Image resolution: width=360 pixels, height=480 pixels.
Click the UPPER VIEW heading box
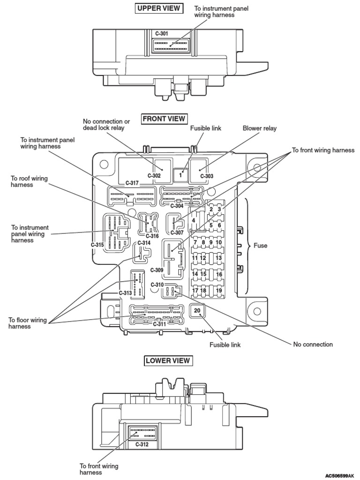pyautogui.click(x=159, y=8)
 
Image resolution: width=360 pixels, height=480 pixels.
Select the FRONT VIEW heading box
pyautogui.click(x=164, y=119)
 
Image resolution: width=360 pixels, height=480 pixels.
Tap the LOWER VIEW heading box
pyautogui.click(x=168, y=360)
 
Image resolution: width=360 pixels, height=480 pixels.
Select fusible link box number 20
pyautogui.click(x=197, y=311)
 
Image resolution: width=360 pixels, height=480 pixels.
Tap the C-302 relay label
pyautogui.click(x=154, y=176)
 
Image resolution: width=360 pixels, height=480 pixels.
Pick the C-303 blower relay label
pyautogui.click(x=207, y=176)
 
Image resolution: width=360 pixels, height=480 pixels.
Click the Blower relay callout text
pyautogui.click(x=259, y=128)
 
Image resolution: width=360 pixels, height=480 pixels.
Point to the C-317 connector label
pyautogui.click(x=132, y=183)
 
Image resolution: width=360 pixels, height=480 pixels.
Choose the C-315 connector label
pyautogui.click(x=97, y=245)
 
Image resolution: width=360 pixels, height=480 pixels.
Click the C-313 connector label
pyautogui.click(x=125, y=293)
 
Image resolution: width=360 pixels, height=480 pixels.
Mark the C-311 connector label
pyautogui.click(x=160, y=324)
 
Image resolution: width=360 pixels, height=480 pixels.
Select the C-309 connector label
pyautogui.click(x=157, y=270)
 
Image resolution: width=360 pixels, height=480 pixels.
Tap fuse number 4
pyautogui.click(x=193, y=220)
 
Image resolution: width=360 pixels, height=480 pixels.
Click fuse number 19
pyautogui.click(x=218, y=291)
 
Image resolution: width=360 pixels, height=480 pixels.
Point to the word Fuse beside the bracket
pyautogui.click(x=260, y=245)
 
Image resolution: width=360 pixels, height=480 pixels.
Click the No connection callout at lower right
pyautogui.click(x=313, y=344)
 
